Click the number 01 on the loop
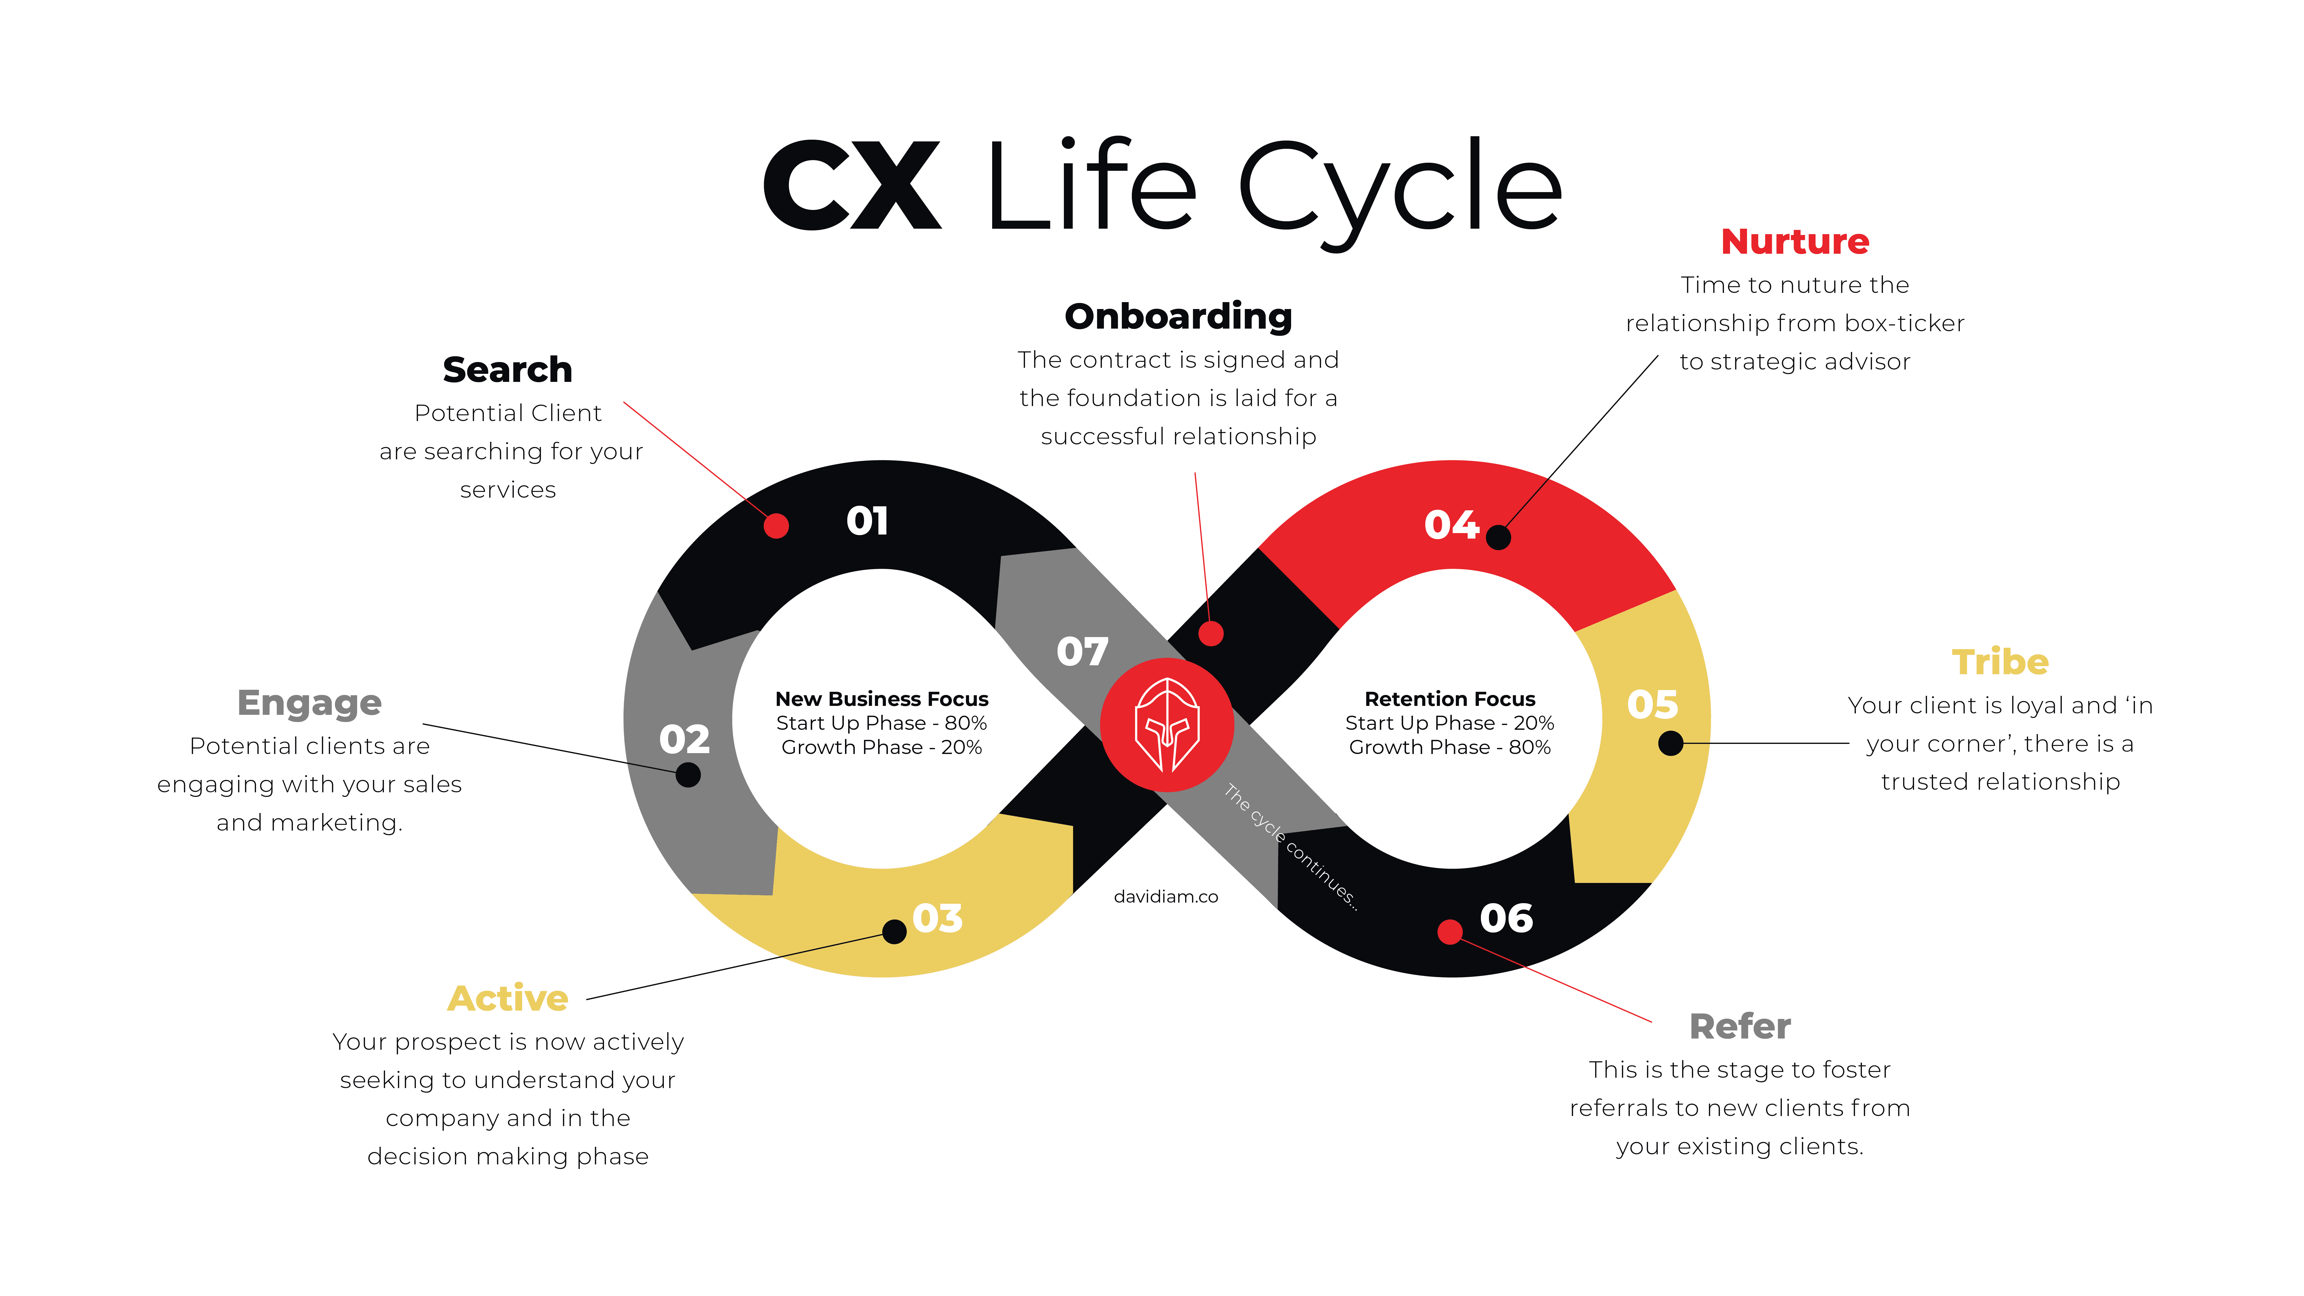pyautogui.click(x=867, y=522)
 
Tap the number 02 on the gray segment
pyautogui.click(x=684, y=740)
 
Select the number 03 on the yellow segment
pyautogui.click(x=937, y=918)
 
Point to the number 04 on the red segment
pyautogui.click(x=1451, y=525)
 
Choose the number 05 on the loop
pyautogui.click(x=1652, y=705)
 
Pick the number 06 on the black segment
pyautogui.click(x=1506, y=918)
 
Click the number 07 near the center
pyautogui.click(x=1082, y=652)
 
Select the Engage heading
pyautogui.click(x=310, y=703)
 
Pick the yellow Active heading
pyautogui.click(x=507, y=998)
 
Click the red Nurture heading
pyautogui.click(x=1794, y=242)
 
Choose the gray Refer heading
pyautogui.click(x=1740, y=1027)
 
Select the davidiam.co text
pyautogui.click(x=1166, y=896)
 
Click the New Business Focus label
pyautogui.click(x=881, y=698)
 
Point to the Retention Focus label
pyautogui.click(x=1449, y=698)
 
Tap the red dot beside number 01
pyautogui.click(x=776, y=526)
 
